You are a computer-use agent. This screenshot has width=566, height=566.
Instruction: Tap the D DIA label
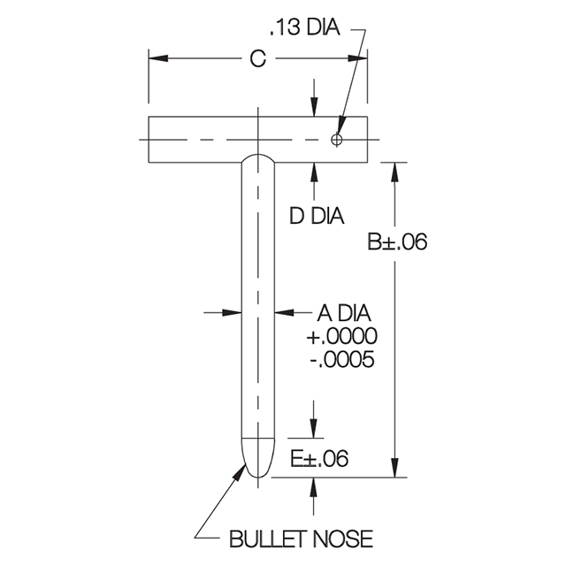click(x=317, y=215)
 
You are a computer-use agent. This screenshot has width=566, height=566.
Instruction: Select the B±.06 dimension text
click(x=397, y=241)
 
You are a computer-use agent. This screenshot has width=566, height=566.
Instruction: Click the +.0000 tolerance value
click(x=341, y=337)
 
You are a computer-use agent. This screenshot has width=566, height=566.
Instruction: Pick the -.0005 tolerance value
click(x=341, y=360)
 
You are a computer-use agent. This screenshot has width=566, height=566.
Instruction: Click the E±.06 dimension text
click(x=319, y=458)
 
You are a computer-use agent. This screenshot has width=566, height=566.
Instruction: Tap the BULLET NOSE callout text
click(x=301, y=539)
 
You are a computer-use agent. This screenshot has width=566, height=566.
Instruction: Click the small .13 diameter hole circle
click(x=336, y=140)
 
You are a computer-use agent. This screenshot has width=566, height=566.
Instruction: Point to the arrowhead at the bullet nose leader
click(x=241, y=468)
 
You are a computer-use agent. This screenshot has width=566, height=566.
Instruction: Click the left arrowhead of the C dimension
click(x=157, y=58)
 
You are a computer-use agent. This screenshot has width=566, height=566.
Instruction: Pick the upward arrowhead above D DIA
click(x=314, y=170)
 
